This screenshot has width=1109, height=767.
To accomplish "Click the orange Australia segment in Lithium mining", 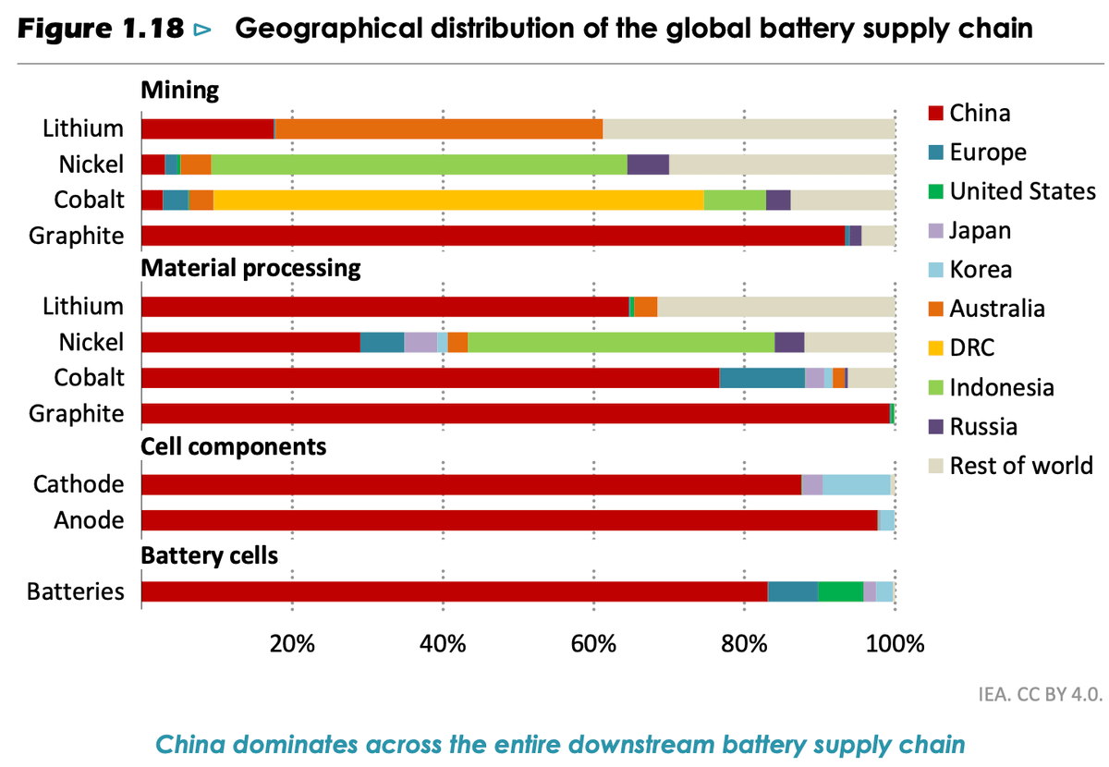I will pyautogui.click(x=439, y=128).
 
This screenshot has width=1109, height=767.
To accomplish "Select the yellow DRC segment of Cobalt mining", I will pyautogui.click(x=458, y=200).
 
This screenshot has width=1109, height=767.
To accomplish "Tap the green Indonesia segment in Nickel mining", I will pyautogui.click(x=419, y=164).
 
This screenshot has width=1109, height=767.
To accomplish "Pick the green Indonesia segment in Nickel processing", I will pyautogui.click(x=621, y=342).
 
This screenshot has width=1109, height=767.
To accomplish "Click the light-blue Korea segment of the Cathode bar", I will pyautogui.click(x=857, y=484).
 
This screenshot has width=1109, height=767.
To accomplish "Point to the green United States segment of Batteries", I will pyautogui.click(x=841, y=591).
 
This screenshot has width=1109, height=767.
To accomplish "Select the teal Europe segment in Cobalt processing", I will pyautogui.click(x=762, y=378).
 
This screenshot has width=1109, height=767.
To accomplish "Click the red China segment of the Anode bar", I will pyautogui.click(x=508, y=520).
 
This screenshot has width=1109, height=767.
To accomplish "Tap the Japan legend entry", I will pyautogui.click(x=980, y=230).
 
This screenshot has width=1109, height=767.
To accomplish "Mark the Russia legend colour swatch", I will pyautogui.click(x=934, y=427).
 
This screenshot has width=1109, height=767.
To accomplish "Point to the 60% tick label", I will pyautogui.click(x=593, y=643).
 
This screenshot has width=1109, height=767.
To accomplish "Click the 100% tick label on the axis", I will pyautogui.click(x=895, y=643).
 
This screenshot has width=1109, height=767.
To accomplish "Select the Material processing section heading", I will pyautogui.click(x=250, y=269).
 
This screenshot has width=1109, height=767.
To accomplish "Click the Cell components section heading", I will pyautogui.click(x=233, y=447).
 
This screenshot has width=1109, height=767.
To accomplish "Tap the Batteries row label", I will pyautogui.click(x=76, y=591).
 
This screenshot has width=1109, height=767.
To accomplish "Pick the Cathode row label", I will pyautogui.click(x=79, y=484).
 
